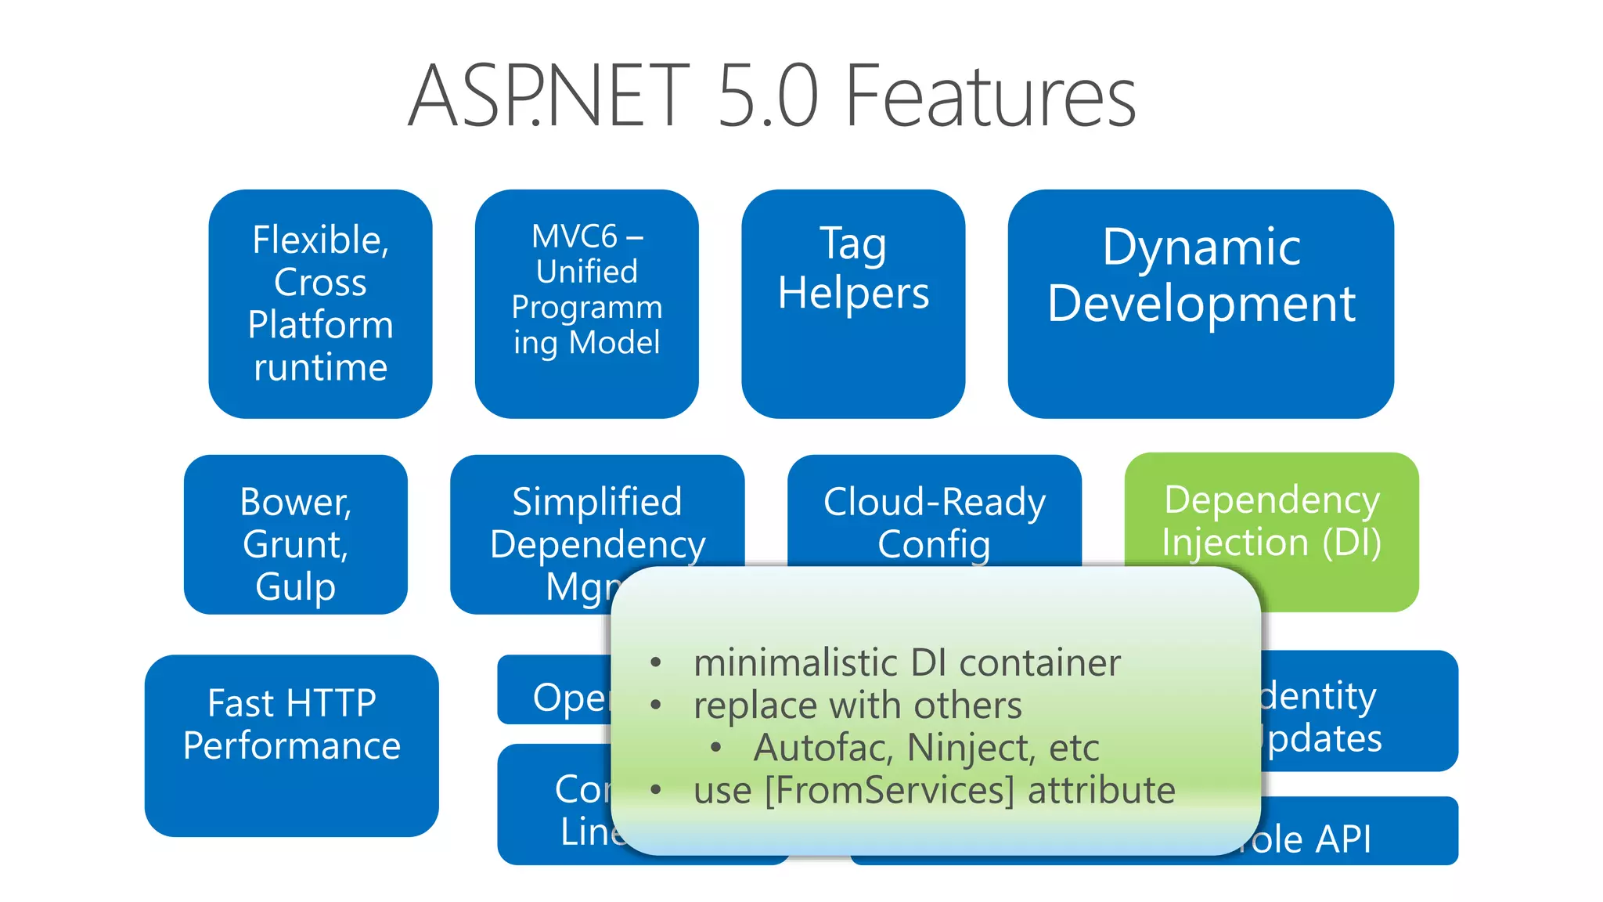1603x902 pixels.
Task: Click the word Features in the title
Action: coord(990,97)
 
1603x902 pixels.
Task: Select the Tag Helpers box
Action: coord(853,304)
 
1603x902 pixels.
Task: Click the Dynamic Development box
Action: coord(1201,304)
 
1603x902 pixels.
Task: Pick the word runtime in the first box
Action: coord(320,367)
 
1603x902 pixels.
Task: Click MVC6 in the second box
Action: coord(575,236)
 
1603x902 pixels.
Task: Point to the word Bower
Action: coord(295,502)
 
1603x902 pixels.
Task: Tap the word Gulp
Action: coord(295,587)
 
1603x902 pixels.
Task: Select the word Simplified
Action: coord(596,502)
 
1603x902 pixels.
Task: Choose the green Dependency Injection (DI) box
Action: coord(1271,521)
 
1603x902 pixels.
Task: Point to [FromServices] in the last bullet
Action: coord(889,790)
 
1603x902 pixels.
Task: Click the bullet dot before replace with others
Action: coord(656,705)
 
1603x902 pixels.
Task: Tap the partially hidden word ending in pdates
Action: coord(1323,739)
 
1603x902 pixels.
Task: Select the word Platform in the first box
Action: coord(320,325)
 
